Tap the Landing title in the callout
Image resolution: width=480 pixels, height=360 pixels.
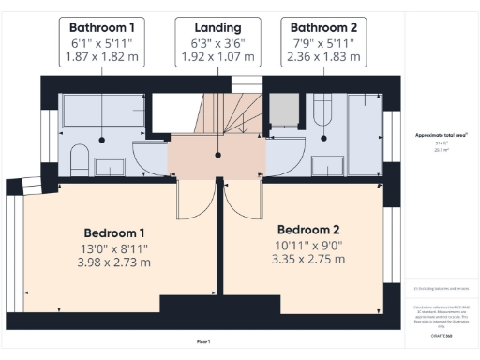click(217, 28)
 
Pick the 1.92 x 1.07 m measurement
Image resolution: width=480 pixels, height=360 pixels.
click(217, 58)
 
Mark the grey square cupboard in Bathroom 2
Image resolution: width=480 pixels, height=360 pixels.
click(283, 112)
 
